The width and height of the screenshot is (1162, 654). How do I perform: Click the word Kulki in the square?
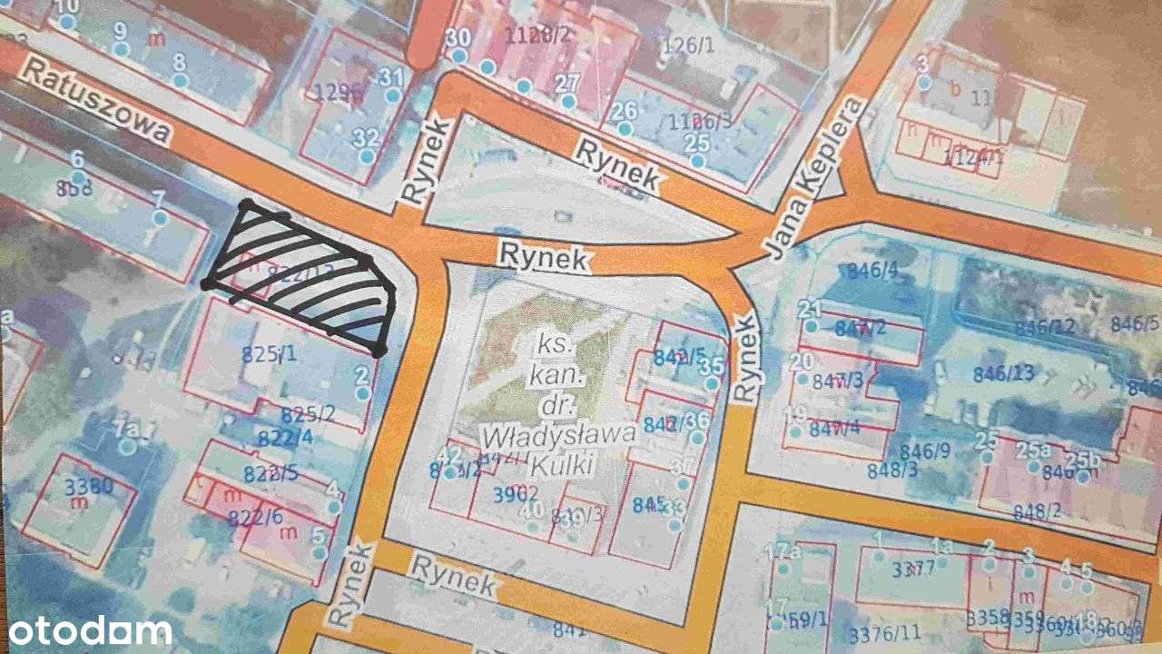(557, 466)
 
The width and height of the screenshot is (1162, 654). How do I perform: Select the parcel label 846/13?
(1003, 372)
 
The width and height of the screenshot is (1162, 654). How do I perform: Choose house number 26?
(623, 111)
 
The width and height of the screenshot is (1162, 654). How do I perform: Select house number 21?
(810, 308)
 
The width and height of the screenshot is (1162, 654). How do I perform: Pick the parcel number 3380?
(89, 485)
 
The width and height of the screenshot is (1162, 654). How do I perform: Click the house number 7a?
(127, 429)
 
